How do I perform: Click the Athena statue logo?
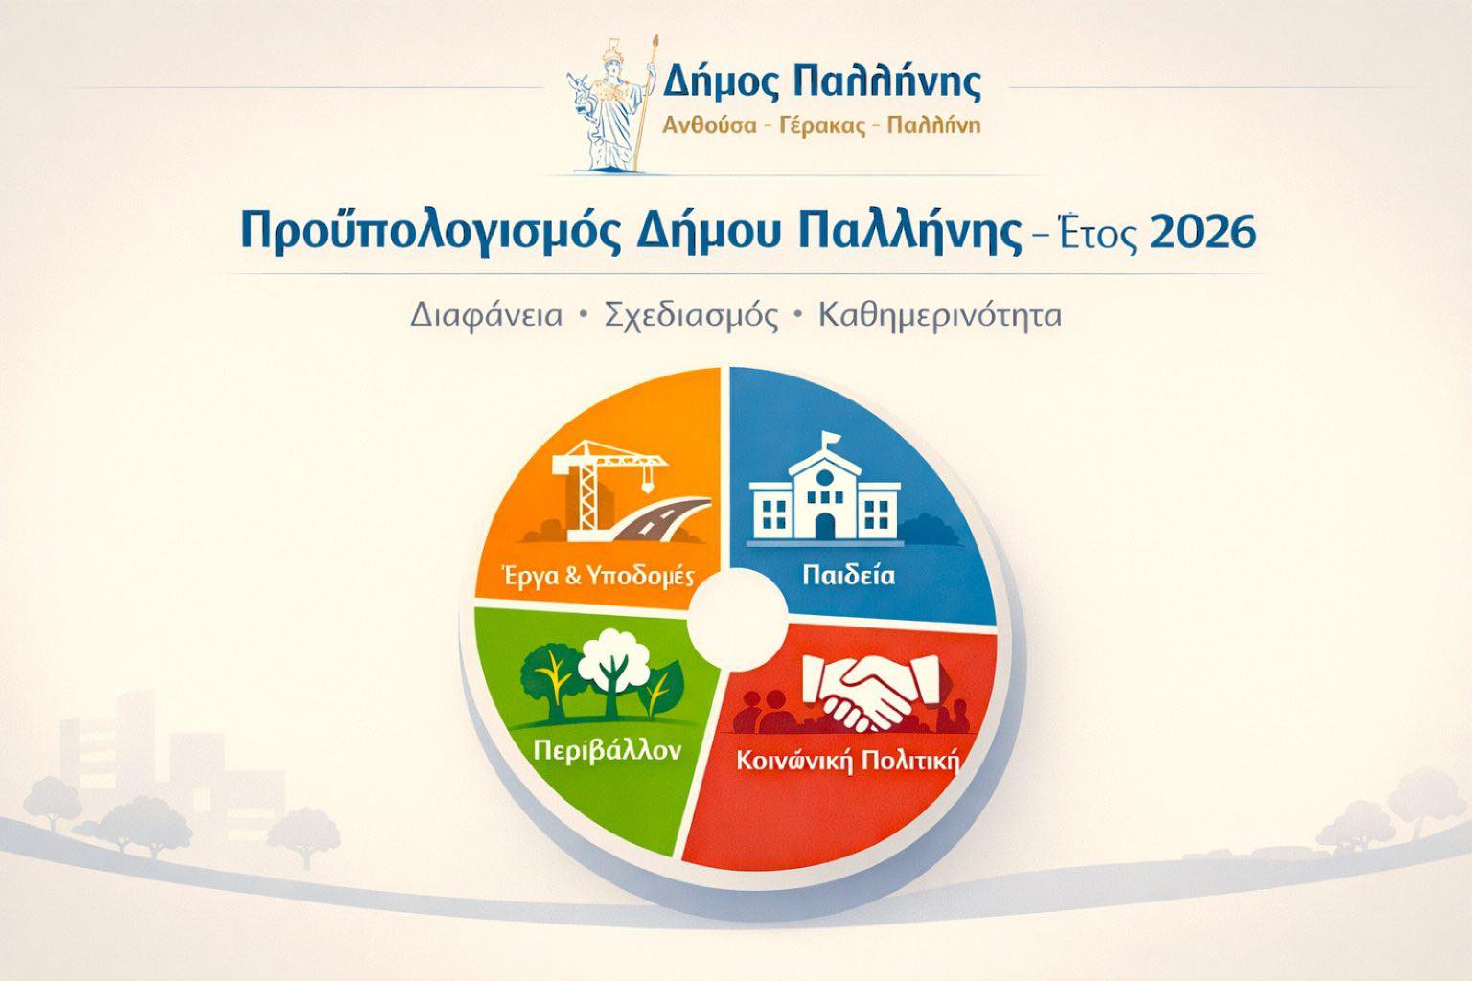[x=611, y=105]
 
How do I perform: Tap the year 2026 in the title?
[x=1203, y=231]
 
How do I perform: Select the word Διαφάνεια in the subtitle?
[x=487, y=316]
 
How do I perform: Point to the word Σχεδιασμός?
[x=691, y=316]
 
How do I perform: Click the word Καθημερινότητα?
[x=940, y=315]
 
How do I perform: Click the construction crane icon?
[x=607, y=490]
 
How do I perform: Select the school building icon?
[x=825, y=490]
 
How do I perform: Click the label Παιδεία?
[x=848, y=575]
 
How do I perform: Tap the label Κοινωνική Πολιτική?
[x=848, y=761]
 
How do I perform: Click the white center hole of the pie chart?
[x=737, y=619]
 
